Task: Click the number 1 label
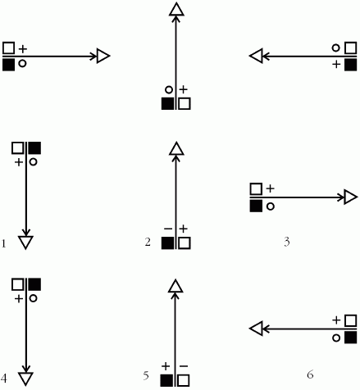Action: tap(3, 243)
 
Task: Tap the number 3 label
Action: tap(287, 242)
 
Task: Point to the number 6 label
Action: tap(310, 374)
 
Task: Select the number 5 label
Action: tap(146, 375)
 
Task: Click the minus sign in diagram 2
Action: tap(168, 229)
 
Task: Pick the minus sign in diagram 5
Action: tap(184, 366)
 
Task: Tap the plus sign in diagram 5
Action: tap(166, 366)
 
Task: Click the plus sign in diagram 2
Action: tap(184, 229)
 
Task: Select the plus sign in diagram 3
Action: tap(270, 188)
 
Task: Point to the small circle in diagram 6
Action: tap(336, 338)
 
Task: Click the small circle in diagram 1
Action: tap(33, 162)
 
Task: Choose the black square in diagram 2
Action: tap(167, 243)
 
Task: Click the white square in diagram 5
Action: tap(184, 380)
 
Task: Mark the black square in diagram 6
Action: tap(350, 338)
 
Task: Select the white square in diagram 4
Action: tap(18, 284)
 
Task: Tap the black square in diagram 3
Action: tap(256, 206)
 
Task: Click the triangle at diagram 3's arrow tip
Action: tap(351, 197)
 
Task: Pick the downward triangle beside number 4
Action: tap(26, 379)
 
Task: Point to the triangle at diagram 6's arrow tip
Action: tap(256, 329)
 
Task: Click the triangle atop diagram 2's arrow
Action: tap(176, 148)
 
